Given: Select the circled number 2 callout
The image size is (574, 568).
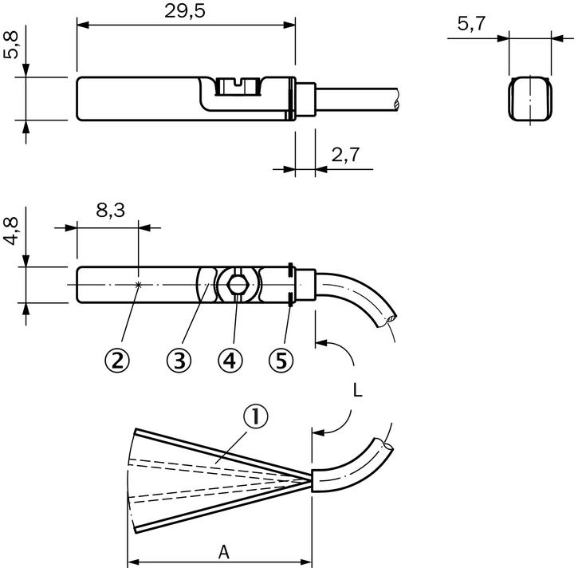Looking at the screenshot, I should point(117,361).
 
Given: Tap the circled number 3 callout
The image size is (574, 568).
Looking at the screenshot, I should point(179,361).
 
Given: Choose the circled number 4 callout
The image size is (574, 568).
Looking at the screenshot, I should point(230,361).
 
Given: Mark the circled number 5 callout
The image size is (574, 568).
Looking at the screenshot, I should point(281,361).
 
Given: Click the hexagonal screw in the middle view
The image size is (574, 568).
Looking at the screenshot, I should point(236,284).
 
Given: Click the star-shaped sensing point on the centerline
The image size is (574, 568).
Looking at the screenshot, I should point(139,284).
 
